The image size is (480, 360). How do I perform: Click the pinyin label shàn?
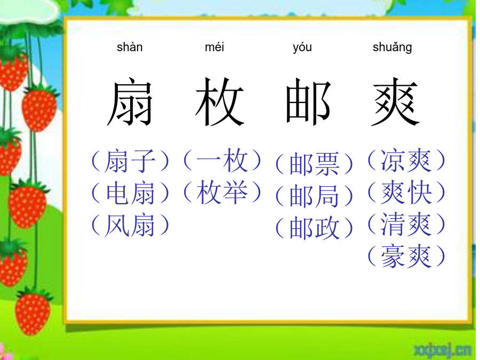tap(130, 47)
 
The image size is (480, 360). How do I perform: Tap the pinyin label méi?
tap(214, 47)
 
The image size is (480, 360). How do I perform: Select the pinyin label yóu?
tap(302, 48)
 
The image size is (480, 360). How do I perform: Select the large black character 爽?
tap(395, 101)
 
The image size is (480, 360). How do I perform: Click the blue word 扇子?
tap(130, 161)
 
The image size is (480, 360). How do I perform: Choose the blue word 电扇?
tap(130, 193)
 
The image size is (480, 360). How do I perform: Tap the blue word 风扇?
tap(130, 225)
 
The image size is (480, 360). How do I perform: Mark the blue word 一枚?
tap(222, 161)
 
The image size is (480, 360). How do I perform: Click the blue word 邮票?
tap(314, 164)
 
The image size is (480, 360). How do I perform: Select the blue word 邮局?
tap(314, 196)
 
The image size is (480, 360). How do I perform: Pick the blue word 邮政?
tap(314, 228)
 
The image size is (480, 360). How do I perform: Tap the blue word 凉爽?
tap(406, 161)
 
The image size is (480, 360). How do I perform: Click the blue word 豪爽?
tap(406, 256)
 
